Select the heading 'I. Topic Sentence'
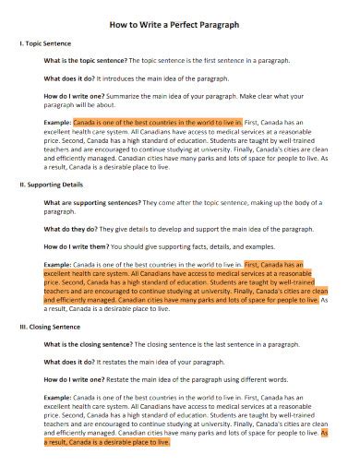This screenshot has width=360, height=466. tap(46, 43)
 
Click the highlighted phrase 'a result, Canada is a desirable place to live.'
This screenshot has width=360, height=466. tap(107, 442)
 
